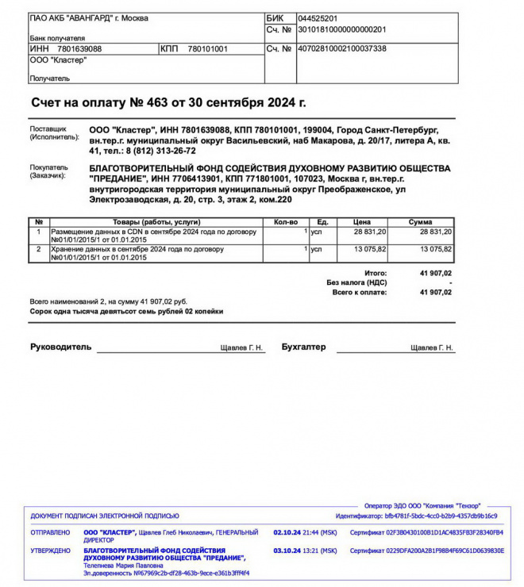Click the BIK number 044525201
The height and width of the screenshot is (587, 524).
(318, 18)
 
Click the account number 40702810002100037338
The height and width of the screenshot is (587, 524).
(341, 48)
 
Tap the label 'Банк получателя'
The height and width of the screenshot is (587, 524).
(57, 37)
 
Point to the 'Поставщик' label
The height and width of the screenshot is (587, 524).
(48, 129)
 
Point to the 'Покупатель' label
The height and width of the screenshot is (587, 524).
(49, 168)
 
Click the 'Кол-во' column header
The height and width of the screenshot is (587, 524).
(285, 222)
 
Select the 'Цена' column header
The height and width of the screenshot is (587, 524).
(362, 222)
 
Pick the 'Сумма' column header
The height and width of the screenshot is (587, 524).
(420, 222)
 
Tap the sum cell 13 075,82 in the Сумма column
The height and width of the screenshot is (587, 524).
(436, 249)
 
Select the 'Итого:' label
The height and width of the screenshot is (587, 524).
(375, 273)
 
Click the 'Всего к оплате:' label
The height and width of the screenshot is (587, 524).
(359, 292)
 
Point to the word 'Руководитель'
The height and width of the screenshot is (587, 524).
(61, 347)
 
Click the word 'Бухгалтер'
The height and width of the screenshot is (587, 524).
(303, 347)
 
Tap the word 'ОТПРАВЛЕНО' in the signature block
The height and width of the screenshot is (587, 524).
(50, 532)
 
